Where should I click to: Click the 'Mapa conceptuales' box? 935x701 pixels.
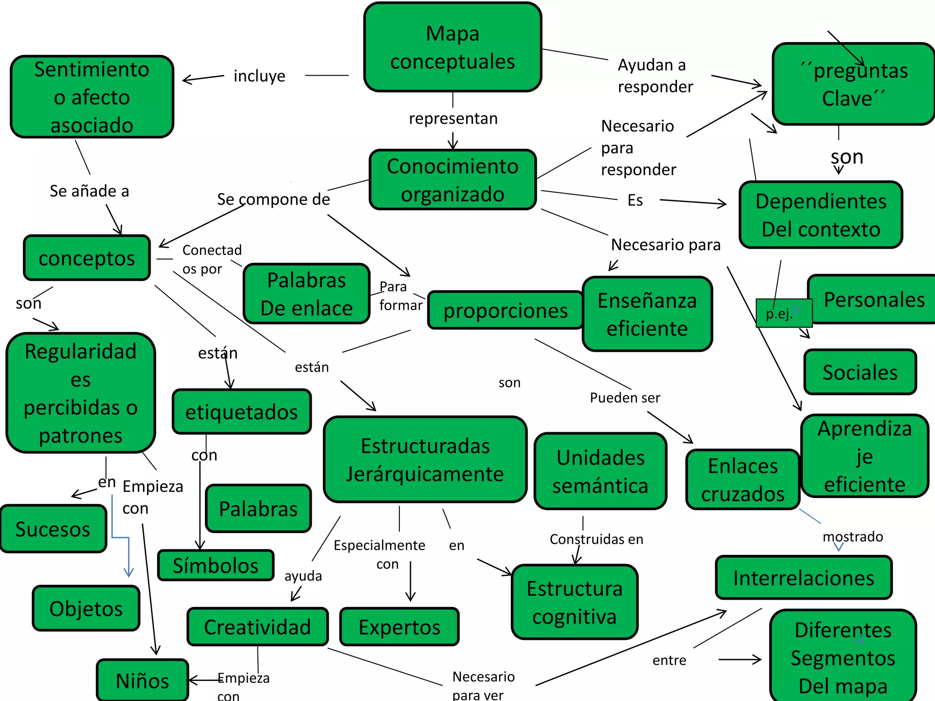pyautogui.click(x=452, y=47)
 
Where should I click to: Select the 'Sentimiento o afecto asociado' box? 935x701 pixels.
pyautogui.click(x=92, y=97)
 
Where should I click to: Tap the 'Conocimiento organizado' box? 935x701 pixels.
pyautogui.click(x=452, y=180)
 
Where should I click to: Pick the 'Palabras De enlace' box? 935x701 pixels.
pyautogui.click(x=306, y=294)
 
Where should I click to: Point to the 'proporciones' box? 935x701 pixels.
pyautogui.click(x=505, y=310)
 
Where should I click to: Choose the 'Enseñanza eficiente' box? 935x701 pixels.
pyautogui.click(x=647, y=314)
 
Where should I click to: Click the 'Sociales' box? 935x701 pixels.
pyautogui.click(x=860, y=372)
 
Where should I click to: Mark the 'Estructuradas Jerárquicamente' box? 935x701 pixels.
pyautogui.click(x=425, y=460)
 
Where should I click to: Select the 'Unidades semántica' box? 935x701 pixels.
pyautogui.click(x=600, y=471)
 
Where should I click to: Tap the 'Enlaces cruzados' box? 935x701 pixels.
pyautogui.click(x=743, y=480)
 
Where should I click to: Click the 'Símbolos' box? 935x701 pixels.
pyautogui.click(x=215, y=565)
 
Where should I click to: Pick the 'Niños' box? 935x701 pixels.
pyautogui.click(x=142, y=680)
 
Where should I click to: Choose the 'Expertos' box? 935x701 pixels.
pyautogui.click(x=399, y=627)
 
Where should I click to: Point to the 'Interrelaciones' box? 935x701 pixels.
pyautogui.click(x=804, y=578)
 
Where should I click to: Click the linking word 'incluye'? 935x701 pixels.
pyautogui.click(x=259, y=76)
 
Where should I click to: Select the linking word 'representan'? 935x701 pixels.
pyautogui.click(x=453, y=118)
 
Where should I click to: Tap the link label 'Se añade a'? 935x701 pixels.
pyautogui.click(x=89, y=191)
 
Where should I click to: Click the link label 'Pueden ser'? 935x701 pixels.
pyautogui.click(x=625, y=398)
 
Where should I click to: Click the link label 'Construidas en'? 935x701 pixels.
pyautogui.click(x=596, y=539)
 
